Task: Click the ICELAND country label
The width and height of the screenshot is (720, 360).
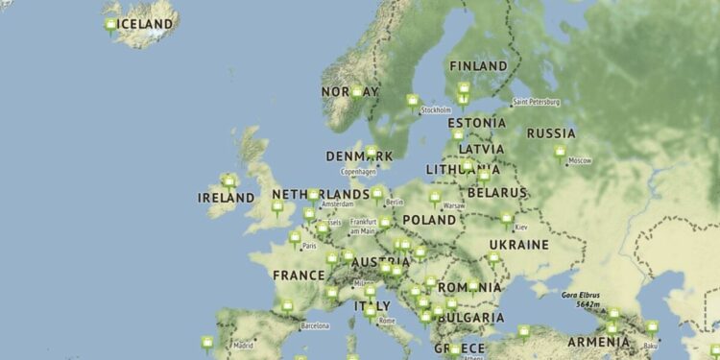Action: pos(146,23)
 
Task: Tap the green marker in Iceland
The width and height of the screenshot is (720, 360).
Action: pos(111,26)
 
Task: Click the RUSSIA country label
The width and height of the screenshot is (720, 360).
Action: pos(551,133)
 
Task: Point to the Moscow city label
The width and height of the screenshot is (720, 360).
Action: pos(580,160)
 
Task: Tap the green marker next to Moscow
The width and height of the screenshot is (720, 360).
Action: pos(560,153)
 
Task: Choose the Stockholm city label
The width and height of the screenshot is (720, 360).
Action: pos(436,110)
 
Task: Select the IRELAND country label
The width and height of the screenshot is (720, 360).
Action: pos(227,198)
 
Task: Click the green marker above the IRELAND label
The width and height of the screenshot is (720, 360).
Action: pos(228,181)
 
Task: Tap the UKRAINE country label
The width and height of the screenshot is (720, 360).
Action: pos(519,245)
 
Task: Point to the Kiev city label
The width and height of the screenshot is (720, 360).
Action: pos(521,228)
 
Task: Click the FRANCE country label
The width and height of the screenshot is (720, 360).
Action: pos(299,275)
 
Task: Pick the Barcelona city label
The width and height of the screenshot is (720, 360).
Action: pos(315,326)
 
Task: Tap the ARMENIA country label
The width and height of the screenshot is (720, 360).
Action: pos(598,342)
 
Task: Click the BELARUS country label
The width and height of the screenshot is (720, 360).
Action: pos(496,193)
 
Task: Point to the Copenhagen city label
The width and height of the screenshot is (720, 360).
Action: pos(357,171)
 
